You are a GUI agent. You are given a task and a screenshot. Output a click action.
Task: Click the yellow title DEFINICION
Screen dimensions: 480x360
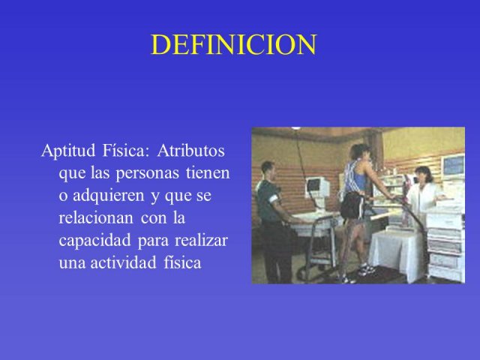coord(233,45)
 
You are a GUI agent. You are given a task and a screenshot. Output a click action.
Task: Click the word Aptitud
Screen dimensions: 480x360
coord(68,151)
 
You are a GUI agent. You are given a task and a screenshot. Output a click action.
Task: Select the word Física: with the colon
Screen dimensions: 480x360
coord(126,150)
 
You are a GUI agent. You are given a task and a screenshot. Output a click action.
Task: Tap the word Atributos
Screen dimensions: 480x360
coord(191,150)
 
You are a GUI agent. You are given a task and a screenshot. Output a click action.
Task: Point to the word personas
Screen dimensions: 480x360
coord(147,174)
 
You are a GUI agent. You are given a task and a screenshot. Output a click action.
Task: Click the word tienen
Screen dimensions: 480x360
coord(208,172)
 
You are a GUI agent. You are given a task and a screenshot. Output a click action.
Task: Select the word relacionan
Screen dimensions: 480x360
coord(96,217)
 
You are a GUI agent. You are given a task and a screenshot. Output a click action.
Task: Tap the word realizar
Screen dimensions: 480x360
coord(201,240)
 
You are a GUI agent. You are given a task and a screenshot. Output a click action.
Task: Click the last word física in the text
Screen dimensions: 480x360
coord(182,262)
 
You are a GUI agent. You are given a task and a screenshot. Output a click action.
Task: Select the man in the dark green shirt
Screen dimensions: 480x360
coord(272,220)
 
